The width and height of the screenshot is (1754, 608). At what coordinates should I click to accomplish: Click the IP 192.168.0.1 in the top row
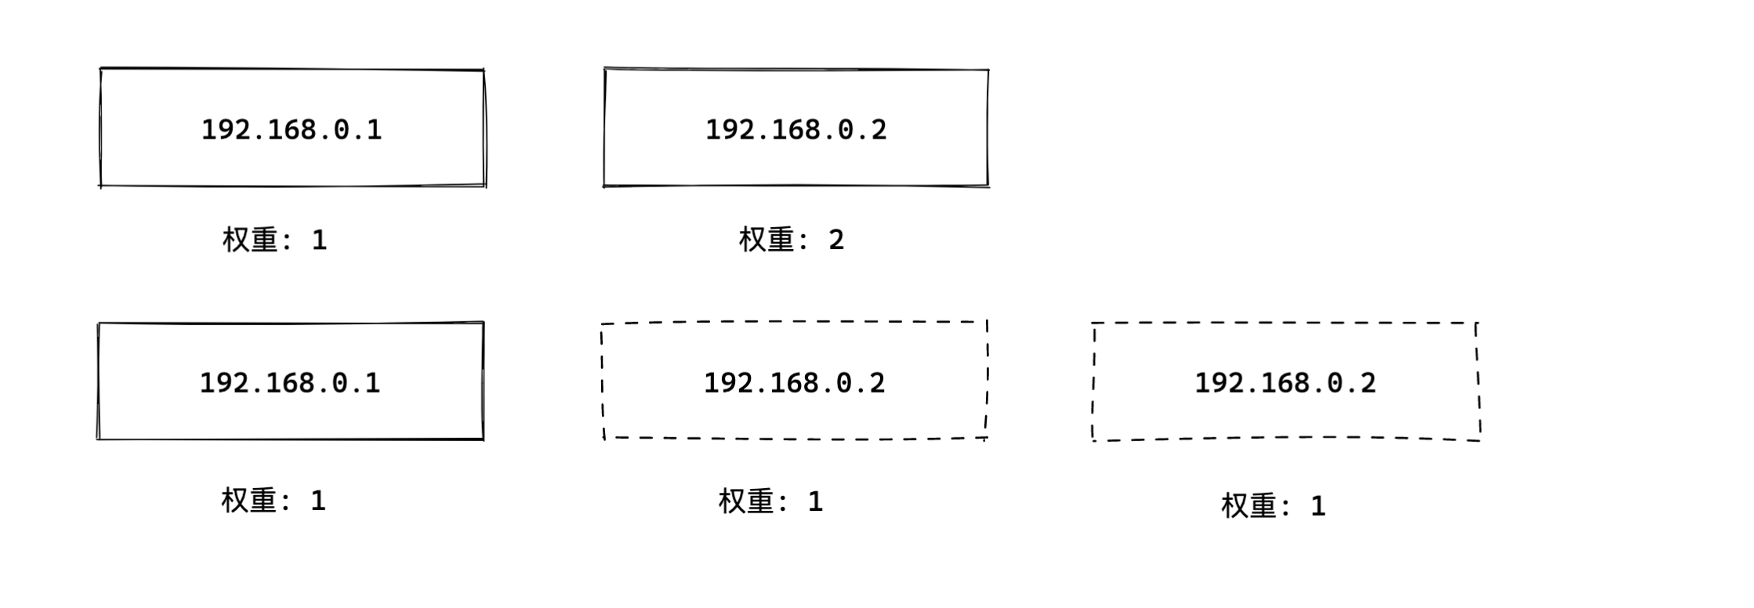(292, 129)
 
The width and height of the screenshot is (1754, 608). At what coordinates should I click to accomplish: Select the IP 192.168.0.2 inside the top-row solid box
(795, 129)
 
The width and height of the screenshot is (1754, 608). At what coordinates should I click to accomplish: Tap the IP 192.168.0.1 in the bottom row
(290, 383)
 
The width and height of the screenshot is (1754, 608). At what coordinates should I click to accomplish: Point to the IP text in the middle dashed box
(794, 383)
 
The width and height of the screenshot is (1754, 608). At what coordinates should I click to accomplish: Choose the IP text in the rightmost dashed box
(1285, 383)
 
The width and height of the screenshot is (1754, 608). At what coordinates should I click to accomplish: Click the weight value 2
(836, 240)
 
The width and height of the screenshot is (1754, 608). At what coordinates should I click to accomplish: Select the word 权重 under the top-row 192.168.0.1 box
(249, 240)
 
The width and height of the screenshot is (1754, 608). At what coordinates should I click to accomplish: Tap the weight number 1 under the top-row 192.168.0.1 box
(319, 240)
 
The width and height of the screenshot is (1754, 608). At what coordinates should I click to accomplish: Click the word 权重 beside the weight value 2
(766, 240)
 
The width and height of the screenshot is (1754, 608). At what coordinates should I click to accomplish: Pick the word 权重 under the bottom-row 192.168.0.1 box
(248, 501)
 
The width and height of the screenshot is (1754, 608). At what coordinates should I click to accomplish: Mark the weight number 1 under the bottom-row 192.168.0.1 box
(317, 501)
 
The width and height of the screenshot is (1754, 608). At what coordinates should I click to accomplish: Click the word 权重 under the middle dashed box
(745, 501)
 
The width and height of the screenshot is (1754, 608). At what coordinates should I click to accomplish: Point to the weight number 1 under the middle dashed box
(816, 501)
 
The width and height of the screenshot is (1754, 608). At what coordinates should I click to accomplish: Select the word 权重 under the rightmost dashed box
(1248, 506)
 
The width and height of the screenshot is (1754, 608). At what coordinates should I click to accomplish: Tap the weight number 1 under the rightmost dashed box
(1318, 506)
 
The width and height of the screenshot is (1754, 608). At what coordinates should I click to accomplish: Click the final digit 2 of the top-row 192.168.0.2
(879, 129)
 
